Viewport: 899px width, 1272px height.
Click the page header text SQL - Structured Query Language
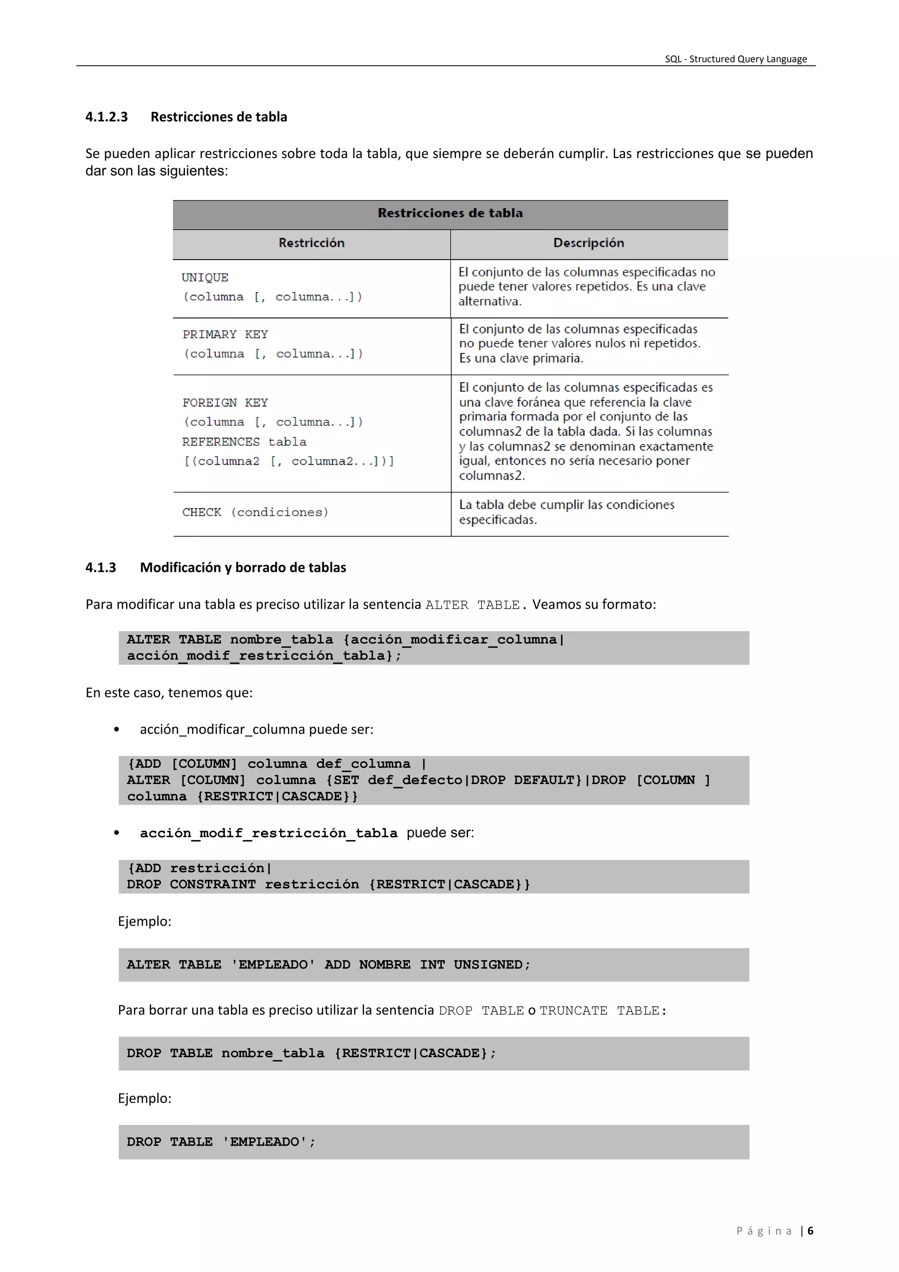[735, 59]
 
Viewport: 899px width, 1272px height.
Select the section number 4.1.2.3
[106, 117]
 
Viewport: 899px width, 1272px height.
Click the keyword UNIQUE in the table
[205, 278]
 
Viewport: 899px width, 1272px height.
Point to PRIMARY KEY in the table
[225, 335]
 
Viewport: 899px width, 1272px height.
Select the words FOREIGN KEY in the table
[225, 403]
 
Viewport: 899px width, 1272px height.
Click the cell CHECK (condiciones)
[255, 513]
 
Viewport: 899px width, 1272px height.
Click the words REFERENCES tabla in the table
[244, 442]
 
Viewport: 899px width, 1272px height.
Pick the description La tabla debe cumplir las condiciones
[566, 505]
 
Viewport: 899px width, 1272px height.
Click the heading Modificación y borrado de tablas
[243, 568]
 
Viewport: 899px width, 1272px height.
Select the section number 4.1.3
[101, 568]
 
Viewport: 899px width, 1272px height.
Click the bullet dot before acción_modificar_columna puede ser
[116, 730]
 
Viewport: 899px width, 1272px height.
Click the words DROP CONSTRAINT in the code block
[191, 884]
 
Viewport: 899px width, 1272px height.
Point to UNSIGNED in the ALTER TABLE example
[488, 965]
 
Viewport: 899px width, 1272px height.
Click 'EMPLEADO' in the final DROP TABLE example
[265, 1142]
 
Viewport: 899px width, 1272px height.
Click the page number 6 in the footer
[810, 1231]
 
